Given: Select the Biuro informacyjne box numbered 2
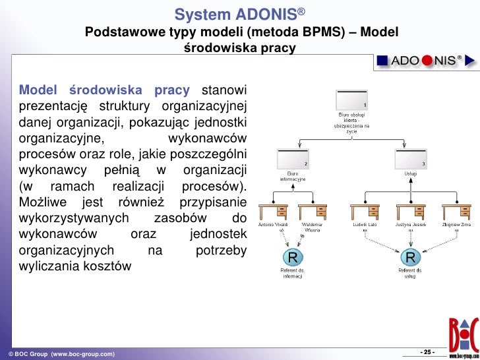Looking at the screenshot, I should (291, 158).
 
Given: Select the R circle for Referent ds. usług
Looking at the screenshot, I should (410, 256).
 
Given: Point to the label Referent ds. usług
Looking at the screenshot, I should (410, 273).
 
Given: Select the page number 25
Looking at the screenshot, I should (427, 350).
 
